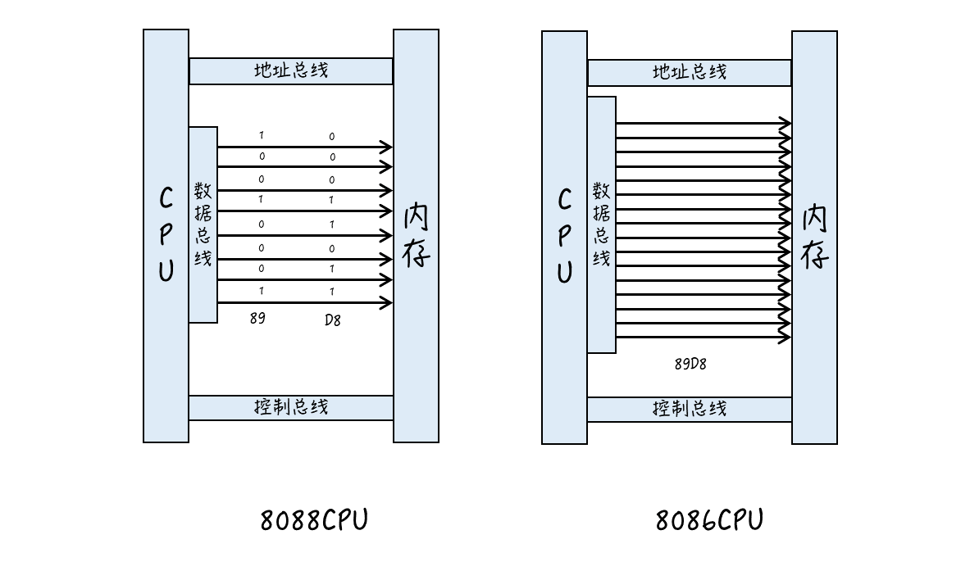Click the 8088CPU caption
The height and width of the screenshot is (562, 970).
(x=314, y=520)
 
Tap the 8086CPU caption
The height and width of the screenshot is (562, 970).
(x=709, y=520)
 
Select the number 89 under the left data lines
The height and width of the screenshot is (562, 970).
(x=257, y=319)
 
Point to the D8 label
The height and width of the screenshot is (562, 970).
(x=332, y=320)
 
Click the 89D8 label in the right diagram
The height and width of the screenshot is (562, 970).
(x=690, y=364)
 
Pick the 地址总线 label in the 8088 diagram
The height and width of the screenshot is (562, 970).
(x=291, y=70)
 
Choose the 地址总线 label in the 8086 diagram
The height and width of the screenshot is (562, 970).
(x=690, y=72)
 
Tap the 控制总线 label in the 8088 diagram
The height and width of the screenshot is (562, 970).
(x=291, y=407)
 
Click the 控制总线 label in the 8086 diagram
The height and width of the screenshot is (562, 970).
(x=690, y=409)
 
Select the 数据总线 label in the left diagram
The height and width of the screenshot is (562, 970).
(x=203, y=224)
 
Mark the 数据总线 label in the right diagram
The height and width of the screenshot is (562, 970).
(x=601, y=224)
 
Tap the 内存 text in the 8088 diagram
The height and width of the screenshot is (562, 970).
(x=416, y=236)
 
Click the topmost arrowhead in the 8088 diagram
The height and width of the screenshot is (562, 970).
(x=386, y=147)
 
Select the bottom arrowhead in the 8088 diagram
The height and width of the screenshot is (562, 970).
(x=386, y=304)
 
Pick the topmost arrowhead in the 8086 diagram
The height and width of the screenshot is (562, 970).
(x=786, y=124)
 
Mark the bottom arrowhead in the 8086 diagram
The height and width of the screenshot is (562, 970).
(x=786, y=338)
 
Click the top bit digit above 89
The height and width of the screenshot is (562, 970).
(x=262, y=135)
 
